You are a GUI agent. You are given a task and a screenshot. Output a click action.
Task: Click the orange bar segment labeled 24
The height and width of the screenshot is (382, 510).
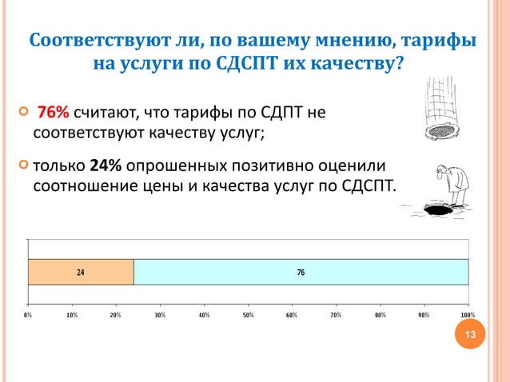(x=80, y=273)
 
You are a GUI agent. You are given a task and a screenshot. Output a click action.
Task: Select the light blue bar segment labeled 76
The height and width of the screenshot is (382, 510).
(x=301, y=273)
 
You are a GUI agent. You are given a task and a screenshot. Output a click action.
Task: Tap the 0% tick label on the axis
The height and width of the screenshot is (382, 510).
(x=28, y=315)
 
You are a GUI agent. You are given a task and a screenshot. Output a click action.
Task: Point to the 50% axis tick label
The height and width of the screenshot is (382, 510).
(x=248, y=315)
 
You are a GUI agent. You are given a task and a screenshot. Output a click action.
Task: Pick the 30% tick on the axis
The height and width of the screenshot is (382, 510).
(x=160, y=315)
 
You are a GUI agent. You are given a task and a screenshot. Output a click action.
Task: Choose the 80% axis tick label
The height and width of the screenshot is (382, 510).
(x=380, y=315)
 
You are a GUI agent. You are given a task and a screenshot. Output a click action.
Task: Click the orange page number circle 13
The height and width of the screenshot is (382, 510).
(x=470, y=335)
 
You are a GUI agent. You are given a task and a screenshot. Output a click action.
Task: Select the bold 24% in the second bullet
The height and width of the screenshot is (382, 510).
(x=105, y=165)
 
